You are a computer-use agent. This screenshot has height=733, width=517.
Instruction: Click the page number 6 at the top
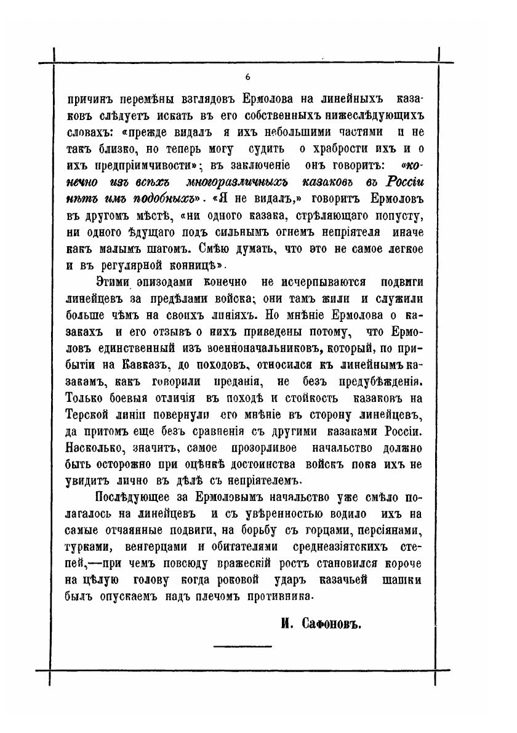coord(247,77)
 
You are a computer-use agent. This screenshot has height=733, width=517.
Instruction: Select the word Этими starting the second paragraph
coord(114,281)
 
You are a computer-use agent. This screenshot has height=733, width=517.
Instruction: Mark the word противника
coord(262,595)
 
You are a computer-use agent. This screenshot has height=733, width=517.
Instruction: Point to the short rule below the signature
coord(242,646)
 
